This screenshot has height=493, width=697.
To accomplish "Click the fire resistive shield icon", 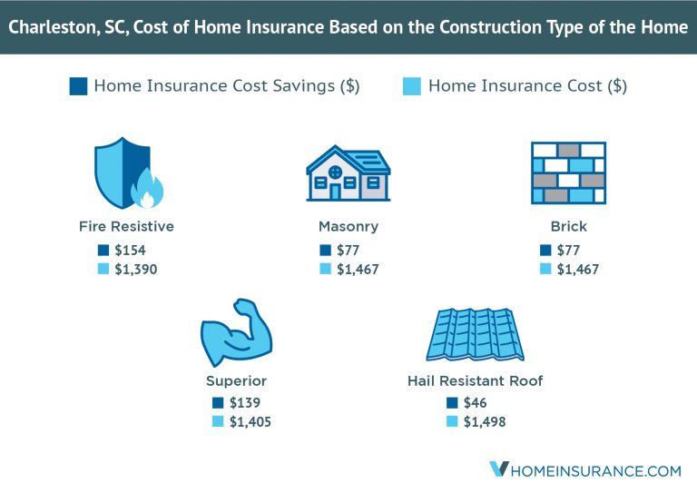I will tap(125, 173).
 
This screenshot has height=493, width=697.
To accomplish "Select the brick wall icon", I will tap(568, 173).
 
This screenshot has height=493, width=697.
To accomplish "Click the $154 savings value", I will tap(131, 250).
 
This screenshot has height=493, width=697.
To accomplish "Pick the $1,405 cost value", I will tap(250, 421).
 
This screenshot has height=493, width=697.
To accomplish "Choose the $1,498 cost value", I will tap(485, 421).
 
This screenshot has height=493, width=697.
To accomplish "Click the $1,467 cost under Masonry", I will tap(358, 269).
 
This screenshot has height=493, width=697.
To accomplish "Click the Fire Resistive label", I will tap(126, 226).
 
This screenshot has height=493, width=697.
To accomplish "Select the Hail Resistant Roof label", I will tap(475, 380).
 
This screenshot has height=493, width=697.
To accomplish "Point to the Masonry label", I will tap(348, 226).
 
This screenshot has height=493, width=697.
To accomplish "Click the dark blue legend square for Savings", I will tap(78, 87).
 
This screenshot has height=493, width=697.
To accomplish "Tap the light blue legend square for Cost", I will tap(411, 87).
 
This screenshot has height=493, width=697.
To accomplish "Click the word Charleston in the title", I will tap(53, 26).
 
